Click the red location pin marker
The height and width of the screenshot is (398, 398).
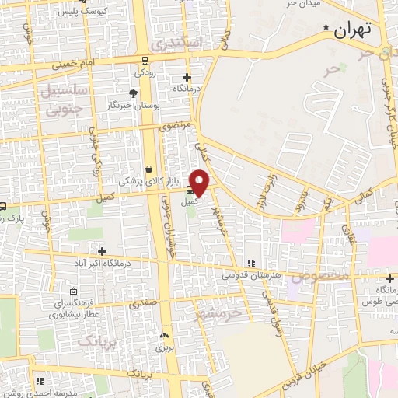point(200,182)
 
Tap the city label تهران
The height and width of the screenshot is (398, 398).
point(354,30)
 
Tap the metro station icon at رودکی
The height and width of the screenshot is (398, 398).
point(145,59)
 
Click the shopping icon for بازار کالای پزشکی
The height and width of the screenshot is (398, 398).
point(148,168)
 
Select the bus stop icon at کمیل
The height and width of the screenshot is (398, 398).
point(190,187)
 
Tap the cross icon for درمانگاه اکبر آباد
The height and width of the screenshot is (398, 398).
point(102,250)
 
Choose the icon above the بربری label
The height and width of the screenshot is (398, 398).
point(164,336)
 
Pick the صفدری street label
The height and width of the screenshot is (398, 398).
point(144,302)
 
